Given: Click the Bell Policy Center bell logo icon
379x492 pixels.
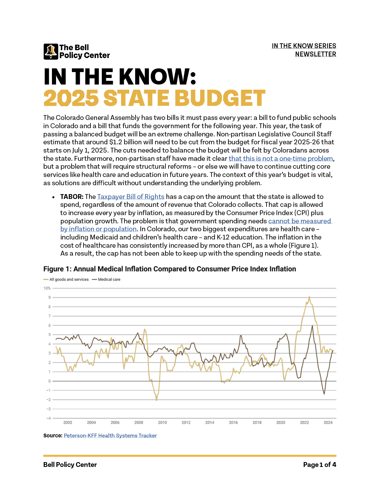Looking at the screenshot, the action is click(x=51, y=52).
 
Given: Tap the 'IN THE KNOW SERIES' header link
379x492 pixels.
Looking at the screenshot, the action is click(x=304, y=46).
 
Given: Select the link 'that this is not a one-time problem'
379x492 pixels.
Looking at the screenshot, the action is click(x=281, y=158).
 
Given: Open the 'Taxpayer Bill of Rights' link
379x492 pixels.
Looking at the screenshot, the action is click(x=131, y=197).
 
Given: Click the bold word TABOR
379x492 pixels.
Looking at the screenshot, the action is click(x=72, y=197).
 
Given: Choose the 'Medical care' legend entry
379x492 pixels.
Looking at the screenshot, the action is click(x=106, y=279).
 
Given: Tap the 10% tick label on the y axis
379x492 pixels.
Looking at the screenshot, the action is click(x=47, y=288).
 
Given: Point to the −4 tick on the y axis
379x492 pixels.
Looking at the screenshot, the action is click(x=48, y=418).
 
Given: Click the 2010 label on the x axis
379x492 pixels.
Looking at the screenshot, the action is click(x=162, y=423).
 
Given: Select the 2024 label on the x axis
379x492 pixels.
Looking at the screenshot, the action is click(x=328, y=423).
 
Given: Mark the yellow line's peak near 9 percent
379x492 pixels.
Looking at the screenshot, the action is click(x=309, y=297).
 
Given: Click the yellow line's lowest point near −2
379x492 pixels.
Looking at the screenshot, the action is click(x=156, y=401).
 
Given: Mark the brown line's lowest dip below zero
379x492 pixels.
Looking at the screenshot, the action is click(x=324, y=394).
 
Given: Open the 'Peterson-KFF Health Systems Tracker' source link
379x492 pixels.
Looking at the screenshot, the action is click(x=110, y=436).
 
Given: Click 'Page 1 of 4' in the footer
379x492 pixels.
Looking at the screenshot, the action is click(x=320, y=465).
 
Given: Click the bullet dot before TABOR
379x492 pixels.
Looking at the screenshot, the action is click(x=53, y=197).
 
